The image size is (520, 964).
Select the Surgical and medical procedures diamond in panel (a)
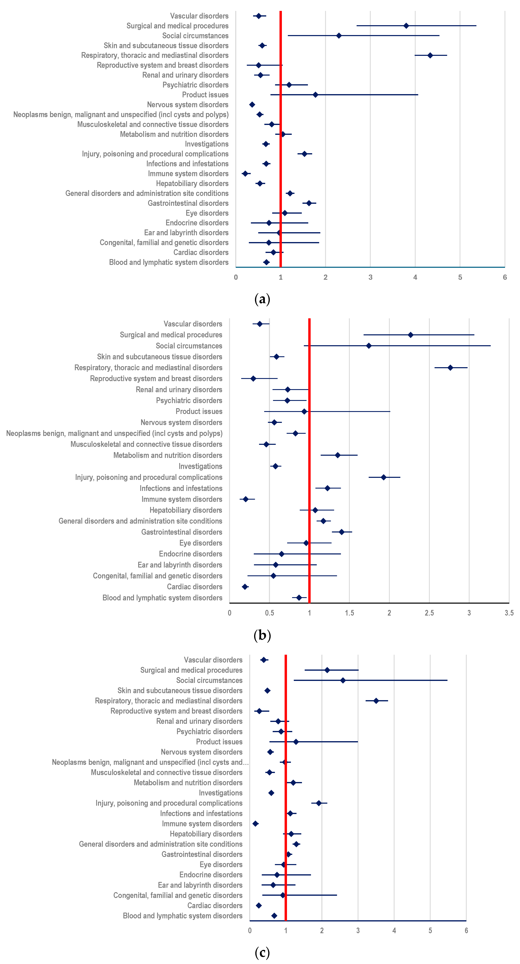[406, 26]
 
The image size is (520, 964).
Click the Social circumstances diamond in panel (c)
[343, 680]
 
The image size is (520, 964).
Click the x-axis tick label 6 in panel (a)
[505, 277]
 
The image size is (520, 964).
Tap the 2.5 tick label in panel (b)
[429, 613]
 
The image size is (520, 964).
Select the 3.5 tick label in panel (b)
[509, 613]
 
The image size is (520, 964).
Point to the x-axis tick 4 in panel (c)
[394, 931]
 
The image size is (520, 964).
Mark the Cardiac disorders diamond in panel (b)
[245, 587]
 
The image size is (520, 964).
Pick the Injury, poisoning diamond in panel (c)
[318, 803]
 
